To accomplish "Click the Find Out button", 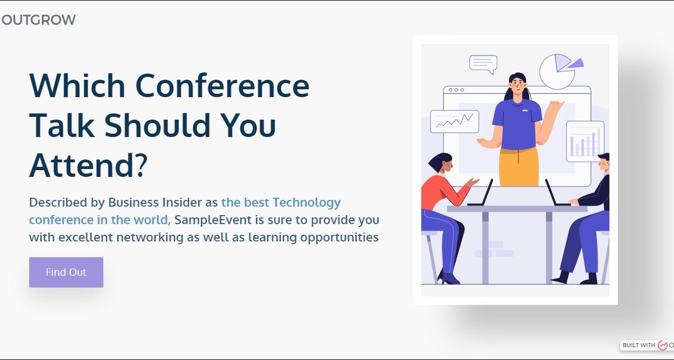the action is click(66, 272).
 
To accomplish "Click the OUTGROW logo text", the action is click(39, 20).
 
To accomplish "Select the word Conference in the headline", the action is click(222, 86).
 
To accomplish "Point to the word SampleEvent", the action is click(213, 220).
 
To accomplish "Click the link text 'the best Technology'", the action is click(281, 203).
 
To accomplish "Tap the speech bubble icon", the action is click(484, 65).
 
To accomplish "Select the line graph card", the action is click(454, 121).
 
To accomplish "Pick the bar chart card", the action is click(585, 142).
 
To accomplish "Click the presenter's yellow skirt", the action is click(519, 166).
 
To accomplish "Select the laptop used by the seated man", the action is click(557, 193).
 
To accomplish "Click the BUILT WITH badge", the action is click(647, 345).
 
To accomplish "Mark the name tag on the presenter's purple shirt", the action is click(525, 111).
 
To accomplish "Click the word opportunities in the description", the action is click(339, 238).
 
